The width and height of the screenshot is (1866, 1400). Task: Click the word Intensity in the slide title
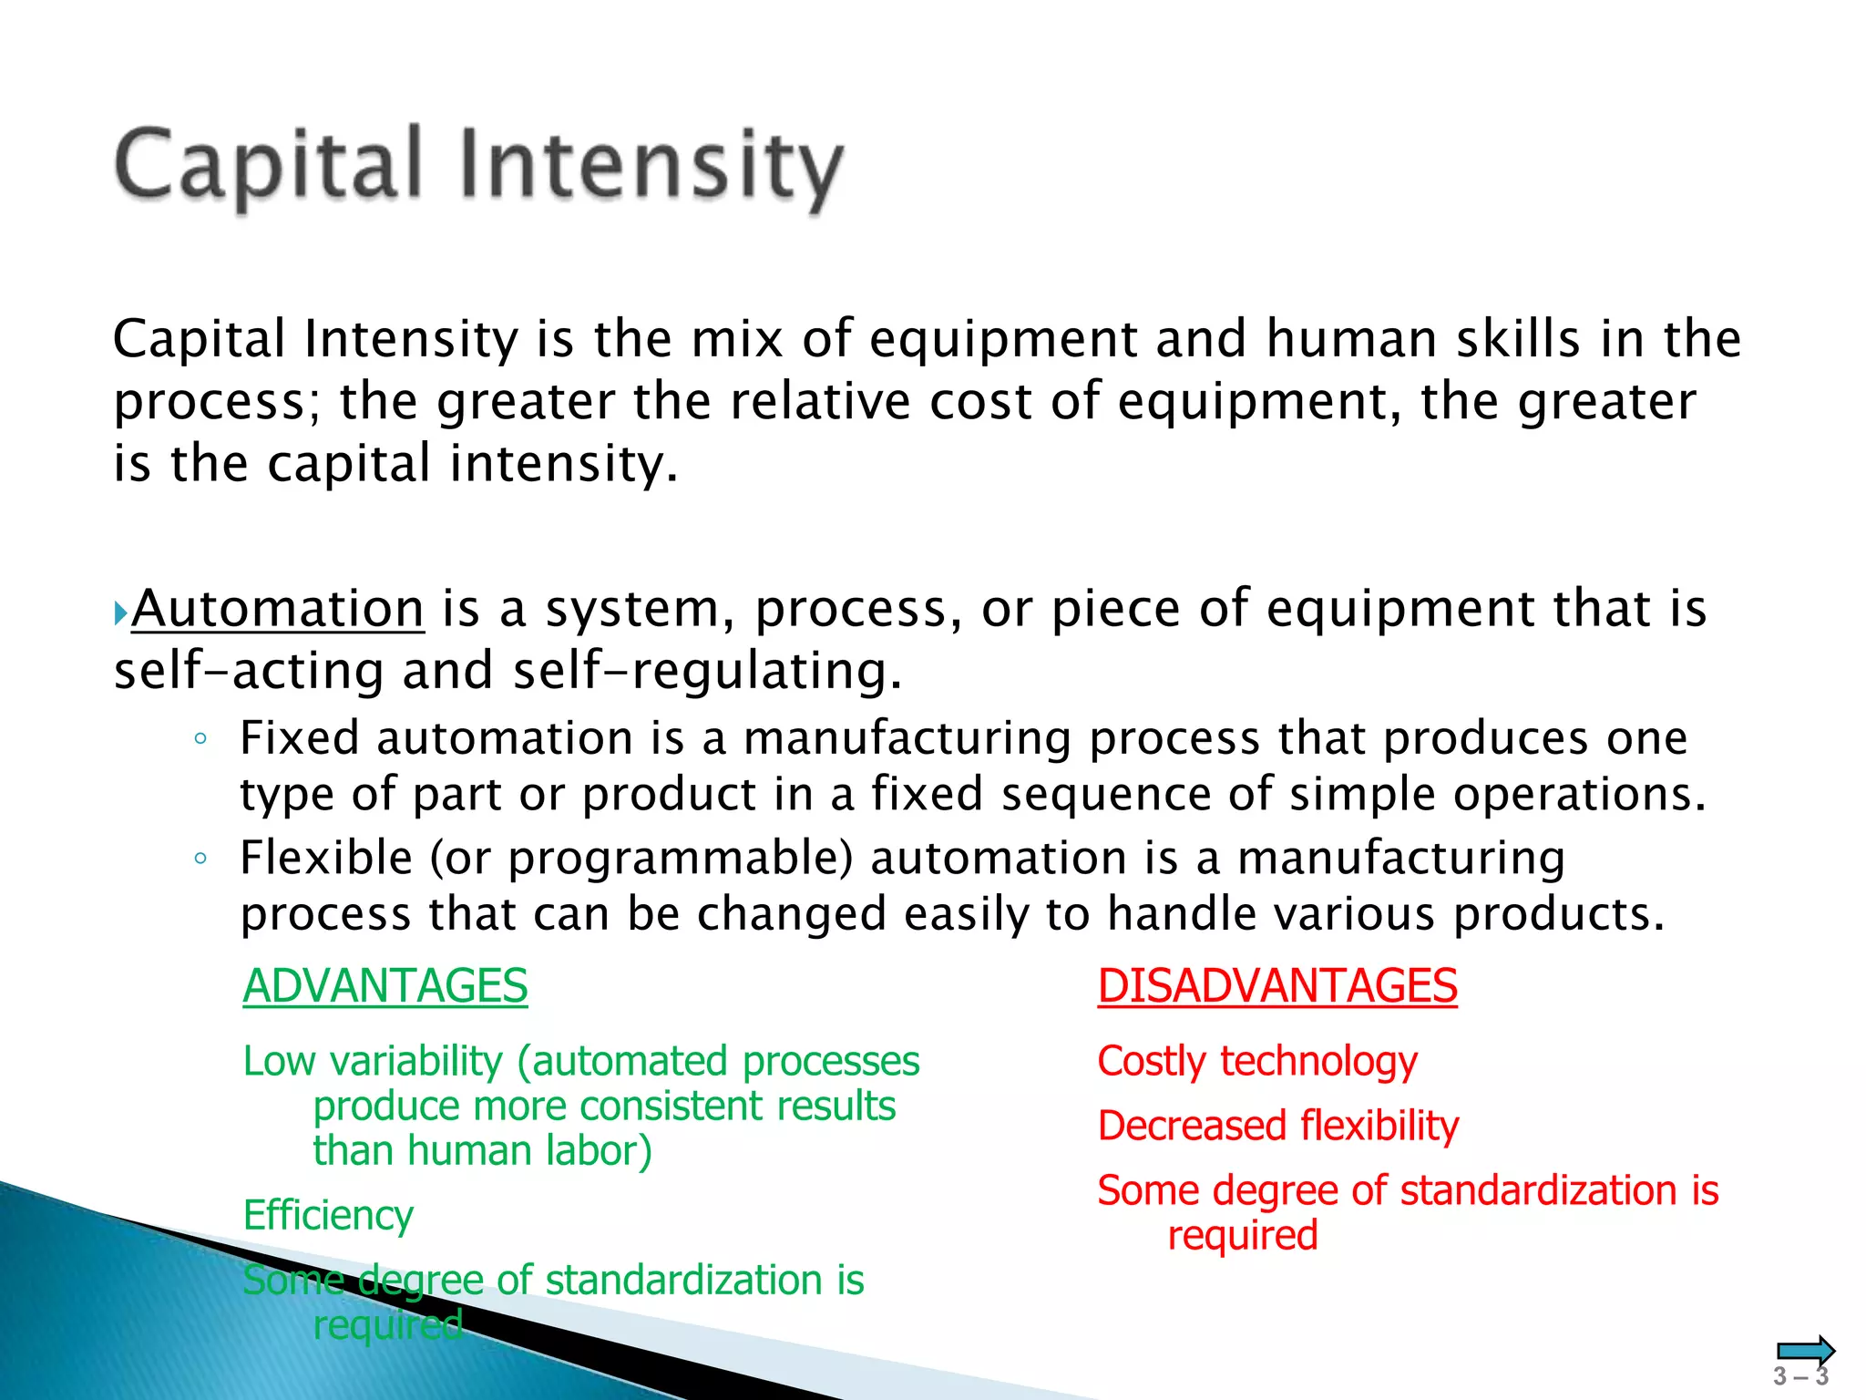pyautogui.click(x=651, y=166)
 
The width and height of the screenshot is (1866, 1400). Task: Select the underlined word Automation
pyautogui.click(x=278, y=609)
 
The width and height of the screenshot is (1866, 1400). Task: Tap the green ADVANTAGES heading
pyautogui.click(x=385, y=986)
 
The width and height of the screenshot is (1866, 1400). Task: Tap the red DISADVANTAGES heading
pyautogui.click(x=1277, y=986)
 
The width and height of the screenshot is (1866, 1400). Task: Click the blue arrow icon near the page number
pyautogui.click(x=1805, y=1350)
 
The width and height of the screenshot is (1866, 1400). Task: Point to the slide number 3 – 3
pyautogui.click(x=1800, y=1377)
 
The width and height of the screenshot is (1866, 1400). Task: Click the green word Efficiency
pyautogui.click(x=328, y=1216)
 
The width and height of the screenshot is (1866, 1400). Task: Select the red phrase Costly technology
pyautogui.click(x=1257, y=1062)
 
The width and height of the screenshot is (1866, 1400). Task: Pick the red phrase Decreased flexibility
pyautogui.click(x=1277, y=1127)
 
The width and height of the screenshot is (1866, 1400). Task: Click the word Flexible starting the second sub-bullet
pyautogui.click(x=326, y=859)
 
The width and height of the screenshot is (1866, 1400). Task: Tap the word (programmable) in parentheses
pyautogui.click(x=680, y=859)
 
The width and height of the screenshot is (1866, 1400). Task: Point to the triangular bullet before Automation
pyautogui.click(x=120, y=612)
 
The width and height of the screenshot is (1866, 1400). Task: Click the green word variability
pyautogui.click(x=416, y=1062)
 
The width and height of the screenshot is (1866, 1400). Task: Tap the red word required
pyautogui.click(x=1243, y=1236)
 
